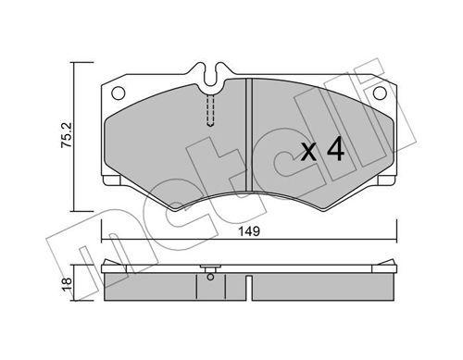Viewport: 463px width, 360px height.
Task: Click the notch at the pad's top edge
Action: (x=212, y=72)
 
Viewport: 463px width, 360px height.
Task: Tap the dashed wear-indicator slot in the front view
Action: (x=211, y=110)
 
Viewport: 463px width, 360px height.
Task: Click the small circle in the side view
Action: (x=212, y=273)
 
